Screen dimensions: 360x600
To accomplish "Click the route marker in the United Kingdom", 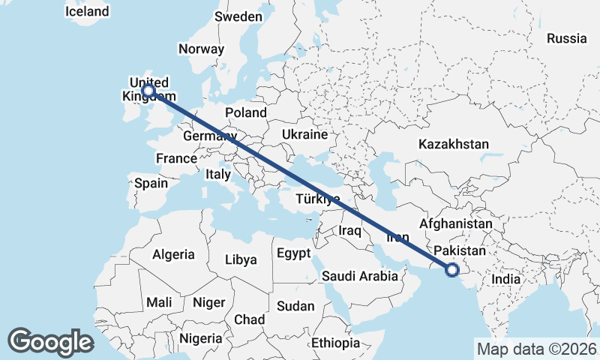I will pos(148,91).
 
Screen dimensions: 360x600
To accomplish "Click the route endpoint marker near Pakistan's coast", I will pos(452,270).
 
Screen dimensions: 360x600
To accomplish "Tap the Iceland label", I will pos(87,11).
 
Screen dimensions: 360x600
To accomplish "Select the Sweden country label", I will pos(238,16).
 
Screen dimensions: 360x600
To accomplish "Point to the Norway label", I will pos(201,49).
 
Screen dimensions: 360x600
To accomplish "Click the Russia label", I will pos(567,38).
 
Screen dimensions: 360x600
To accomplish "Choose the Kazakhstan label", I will pos(454,144).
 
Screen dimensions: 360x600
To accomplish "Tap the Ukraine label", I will pos(304,134).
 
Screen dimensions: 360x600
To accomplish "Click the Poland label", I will pos(246,112).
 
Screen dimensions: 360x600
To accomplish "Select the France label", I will pos(176,158).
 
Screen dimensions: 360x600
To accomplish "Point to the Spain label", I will pos(151,182).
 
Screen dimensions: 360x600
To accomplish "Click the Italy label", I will pos(218,174).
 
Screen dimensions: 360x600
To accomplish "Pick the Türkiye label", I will pos(319,199).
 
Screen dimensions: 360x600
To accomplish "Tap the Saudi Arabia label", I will pos(360,276).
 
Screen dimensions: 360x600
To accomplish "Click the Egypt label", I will pos(293,253).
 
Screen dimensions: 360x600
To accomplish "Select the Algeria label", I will pos(173,254).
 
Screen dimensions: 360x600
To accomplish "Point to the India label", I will pos(505,279).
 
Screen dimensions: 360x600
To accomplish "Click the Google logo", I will pos(50,341).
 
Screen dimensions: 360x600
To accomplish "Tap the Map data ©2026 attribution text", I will pos(536,349).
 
